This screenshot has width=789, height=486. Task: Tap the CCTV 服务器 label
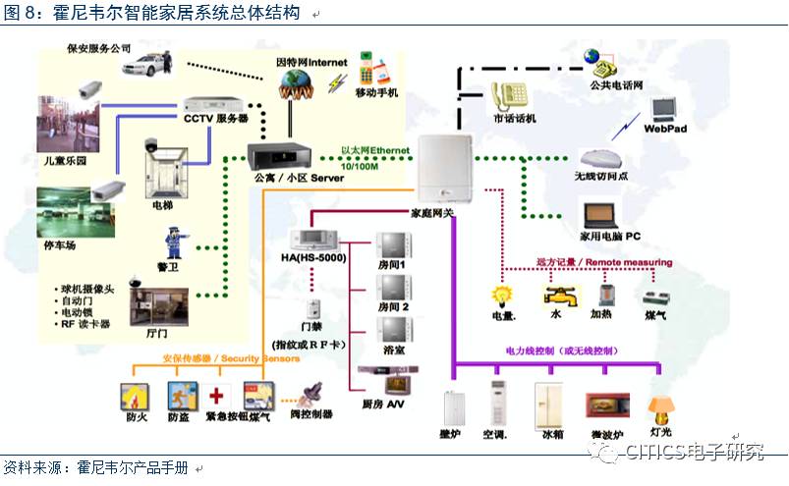(215, 119)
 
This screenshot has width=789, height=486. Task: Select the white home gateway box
(448, 171)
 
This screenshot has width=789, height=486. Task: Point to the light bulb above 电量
(503, 295)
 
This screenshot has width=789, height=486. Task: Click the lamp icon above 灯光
(659, 406)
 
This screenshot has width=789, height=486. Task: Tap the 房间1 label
(395, 266)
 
